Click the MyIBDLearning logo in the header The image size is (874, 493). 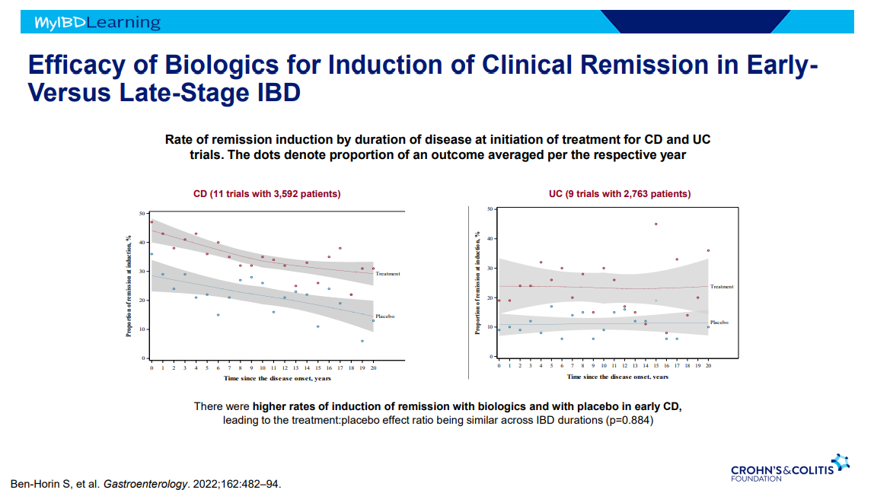pyautogui.click(x=97, y=23)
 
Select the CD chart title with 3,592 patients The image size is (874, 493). pyautogui.click(x=266, y=194)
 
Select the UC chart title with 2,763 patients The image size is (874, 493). pyautogui.click(x=620, y=194)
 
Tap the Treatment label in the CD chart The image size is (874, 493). pyautogui.click(x=388, y=274)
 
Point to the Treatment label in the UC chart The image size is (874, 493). pyautogui.click(x=722, y=287)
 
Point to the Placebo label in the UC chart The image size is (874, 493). pyautogui.click(x=719, y=323)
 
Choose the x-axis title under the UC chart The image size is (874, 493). pyautogui.click(x=617, y=377)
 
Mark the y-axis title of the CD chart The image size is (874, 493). pyautogui.click(x=129, y=285)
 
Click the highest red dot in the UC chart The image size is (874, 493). pyautogui.click(x=655, y=224)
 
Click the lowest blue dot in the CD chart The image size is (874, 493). pyautogui.click(x=362, y=341)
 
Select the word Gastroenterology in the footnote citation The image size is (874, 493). pyautogui.click(x=144, y=484)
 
